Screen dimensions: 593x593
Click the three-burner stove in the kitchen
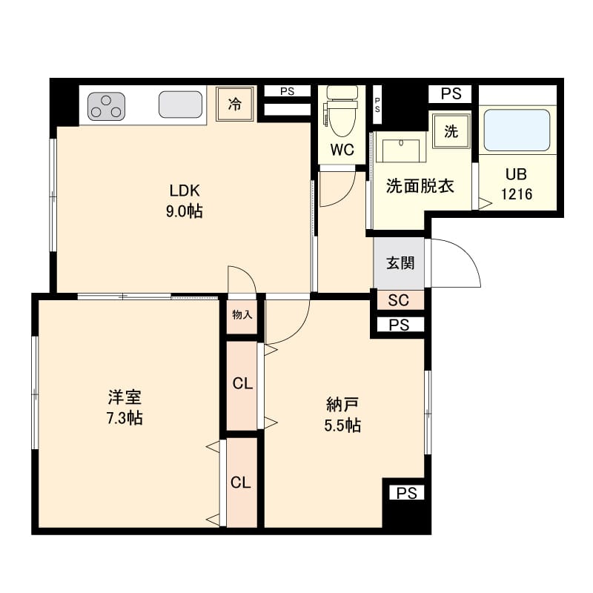click(107, 106)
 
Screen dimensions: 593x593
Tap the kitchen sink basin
click(181, 105)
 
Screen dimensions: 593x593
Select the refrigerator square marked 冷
click(234, 105)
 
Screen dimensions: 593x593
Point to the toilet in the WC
click(342, 114)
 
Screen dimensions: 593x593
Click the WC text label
click(342, 150)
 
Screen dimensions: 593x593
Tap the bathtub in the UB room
click(517, 130)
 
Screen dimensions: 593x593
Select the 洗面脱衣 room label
click(420, 186)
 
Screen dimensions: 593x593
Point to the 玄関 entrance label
click(400, 263)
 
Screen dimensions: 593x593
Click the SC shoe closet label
click(399, 300)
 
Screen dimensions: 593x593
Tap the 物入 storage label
click(242, 314)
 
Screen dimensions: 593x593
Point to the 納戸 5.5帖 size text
click(343, 425)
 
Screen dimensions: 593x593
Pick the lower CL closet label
click(240, 483)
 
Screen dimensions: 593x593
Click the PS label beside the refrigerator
click(287, 92)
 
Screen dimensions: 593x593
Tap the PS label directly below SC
click(399, 325)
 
